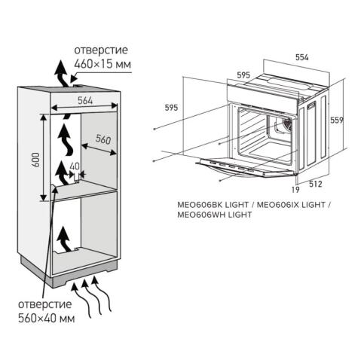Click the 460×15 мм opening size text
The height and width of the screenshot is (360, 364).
(x=102, y=65)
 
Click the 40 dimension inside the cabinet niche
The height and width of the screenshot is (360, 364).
(x=73, y=167)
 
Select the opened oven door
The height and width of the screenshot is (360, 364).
(x=241, y=166)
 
